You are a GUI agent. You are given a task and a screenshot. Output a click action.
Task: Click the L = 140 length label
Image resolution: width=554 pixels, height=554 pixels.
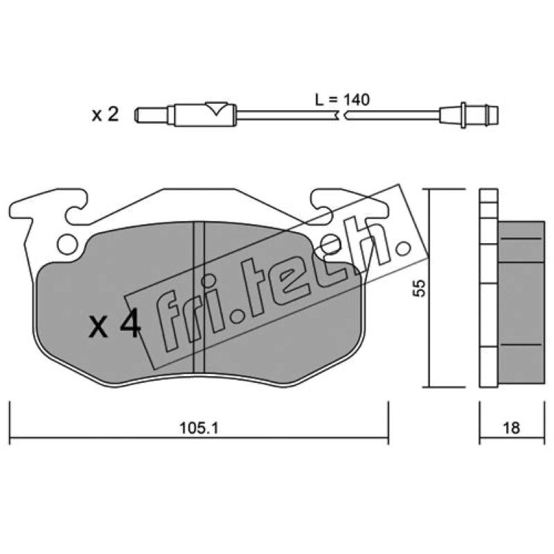point(342,100)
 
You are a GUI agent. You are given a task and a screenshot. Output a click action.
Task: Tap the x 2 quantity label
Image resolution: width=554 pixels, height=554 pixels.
point(105,114)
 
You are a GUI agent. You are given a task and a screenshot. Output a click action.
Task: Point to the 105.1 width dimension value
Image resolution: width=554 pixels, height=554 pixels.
point(199,429)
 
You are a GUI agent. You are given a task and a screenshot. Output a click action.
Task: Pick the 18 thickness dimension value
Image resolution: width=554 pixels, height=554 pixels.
point(510,428)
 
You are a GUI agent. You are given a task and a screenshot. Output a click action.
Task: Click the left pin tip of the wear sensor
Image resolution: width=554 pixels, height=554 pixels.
point(136,114)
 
